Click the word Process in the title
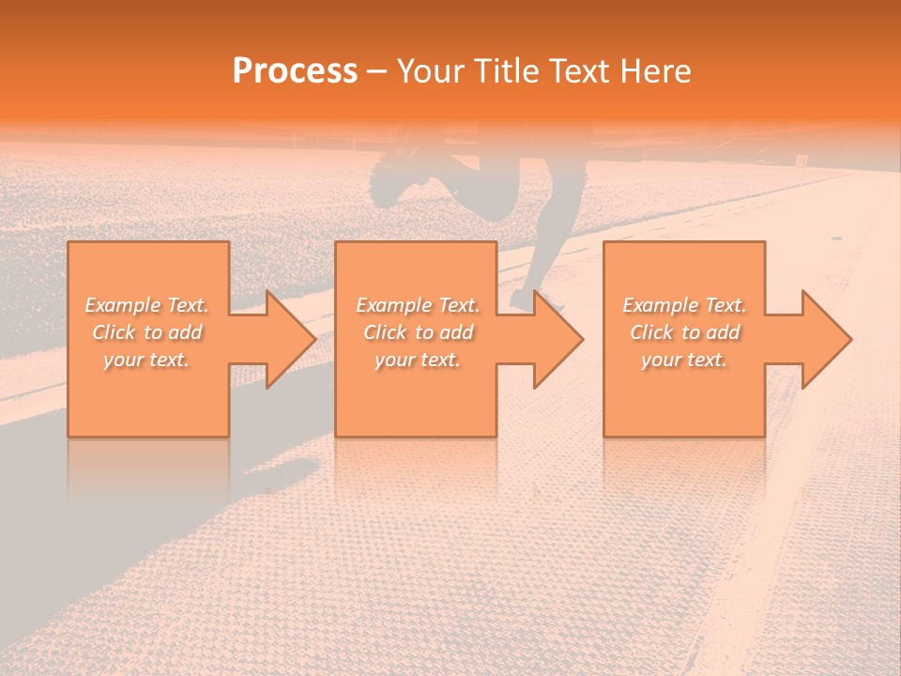coord(295,71)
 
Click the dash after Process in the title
coord(377,72)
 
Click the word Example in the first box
coord(122,305)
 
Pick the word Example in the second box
coord(392,305)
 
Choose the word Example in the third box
coord(659,305)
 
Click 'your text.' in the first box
coord(147,360)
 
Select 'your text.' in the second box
coord(418,360)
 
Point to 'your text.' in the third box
coord(684,360)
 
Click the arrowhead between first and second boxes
coord(286,339)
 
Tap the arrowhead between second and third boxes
coord(555,339)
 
